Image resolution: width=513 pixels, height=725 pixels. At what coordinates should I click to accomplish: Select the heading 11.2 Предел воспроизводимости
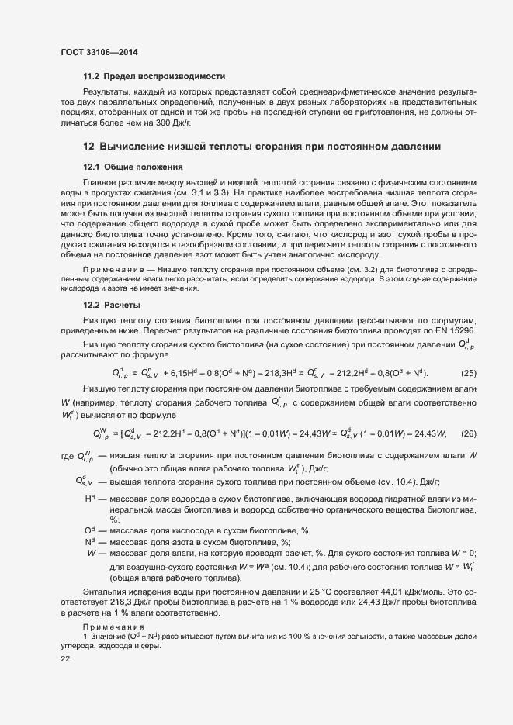(154, 77)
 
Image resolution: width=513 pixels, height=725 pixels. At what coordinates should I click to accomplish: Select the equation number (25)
(469, 372)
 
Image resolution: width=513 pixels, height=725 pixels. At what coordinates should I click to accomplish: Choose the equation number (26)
(469, 433)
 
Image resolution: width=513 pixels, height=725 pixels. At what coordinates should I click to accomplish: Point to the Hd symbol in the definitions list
(89, 499)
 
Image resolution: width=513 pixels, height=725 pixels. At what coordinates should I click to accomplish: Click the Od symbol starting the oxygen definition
(89, 531)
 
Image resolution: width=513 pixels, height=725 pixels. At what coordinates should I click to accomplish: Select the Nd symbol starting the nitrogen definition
(89, 542)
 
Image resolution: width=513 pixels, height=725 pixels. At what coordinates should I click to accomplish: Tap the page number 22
(65, 659)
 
